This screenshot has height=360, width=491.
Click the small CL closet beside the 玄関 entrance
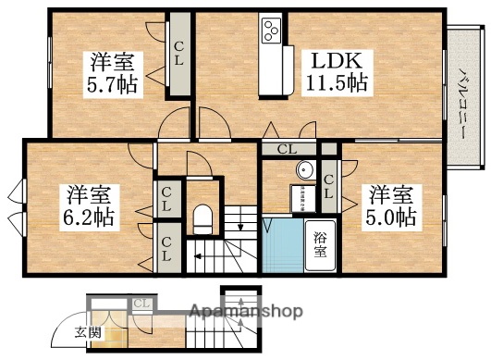coord(141,304)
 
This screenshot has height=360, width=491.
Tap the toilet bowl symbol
coord(204,221)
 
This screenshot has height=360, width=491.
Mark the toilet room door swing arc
coord(197,163)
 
